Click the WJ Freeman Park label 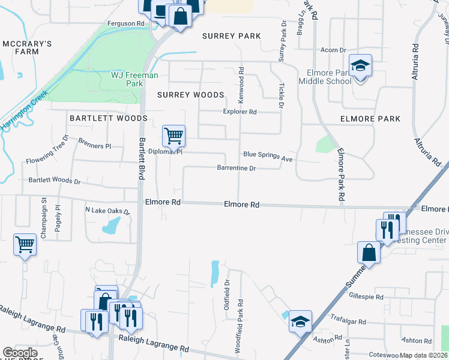click(134, 79)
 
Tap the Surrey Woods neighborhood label click(190, 95)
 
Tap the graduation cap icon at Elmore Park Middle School click(360, 65)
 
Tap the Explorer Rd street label click(240, 112)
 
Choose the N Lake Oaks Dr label click(107, 211)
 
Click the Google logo click(20, 352)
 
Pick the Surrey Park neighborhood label click(231, 36)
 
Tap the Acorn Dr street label click(334, 50)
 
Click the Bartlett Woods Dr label click(54, 181)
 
